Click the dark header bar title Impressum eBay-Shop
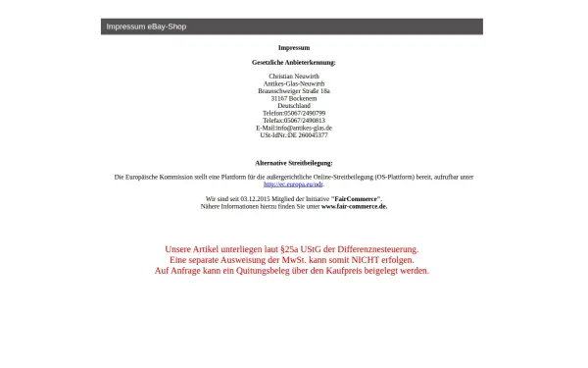146,26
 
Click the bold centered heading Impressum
294,47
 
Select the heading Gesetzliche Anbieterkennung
294,62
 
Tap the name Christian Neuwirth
294,76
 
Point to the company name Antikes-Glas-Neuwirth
294,83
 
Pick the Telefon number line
294,113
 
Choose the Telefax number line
294,120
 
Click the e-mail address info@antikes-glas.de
304,128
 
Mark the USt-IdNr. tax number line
294,134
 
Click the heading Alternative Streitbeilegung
294,163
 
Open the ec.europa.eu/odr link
294,184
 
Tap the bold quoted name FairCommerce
357,199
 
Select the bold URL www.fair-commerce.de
354,206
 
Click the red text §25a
288,249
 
